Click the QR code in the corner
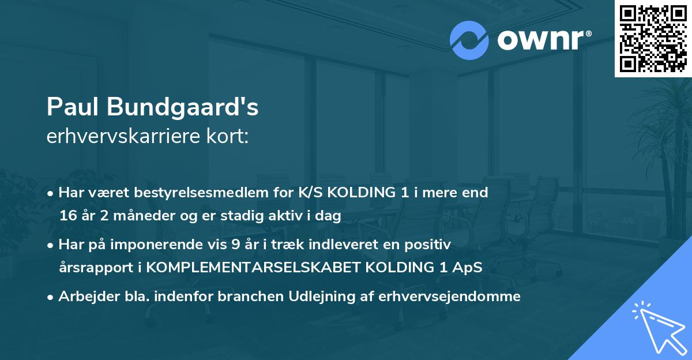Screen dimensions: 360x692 click(653, 39)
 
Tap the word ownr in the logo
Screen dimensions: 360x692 click(542, 40)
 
